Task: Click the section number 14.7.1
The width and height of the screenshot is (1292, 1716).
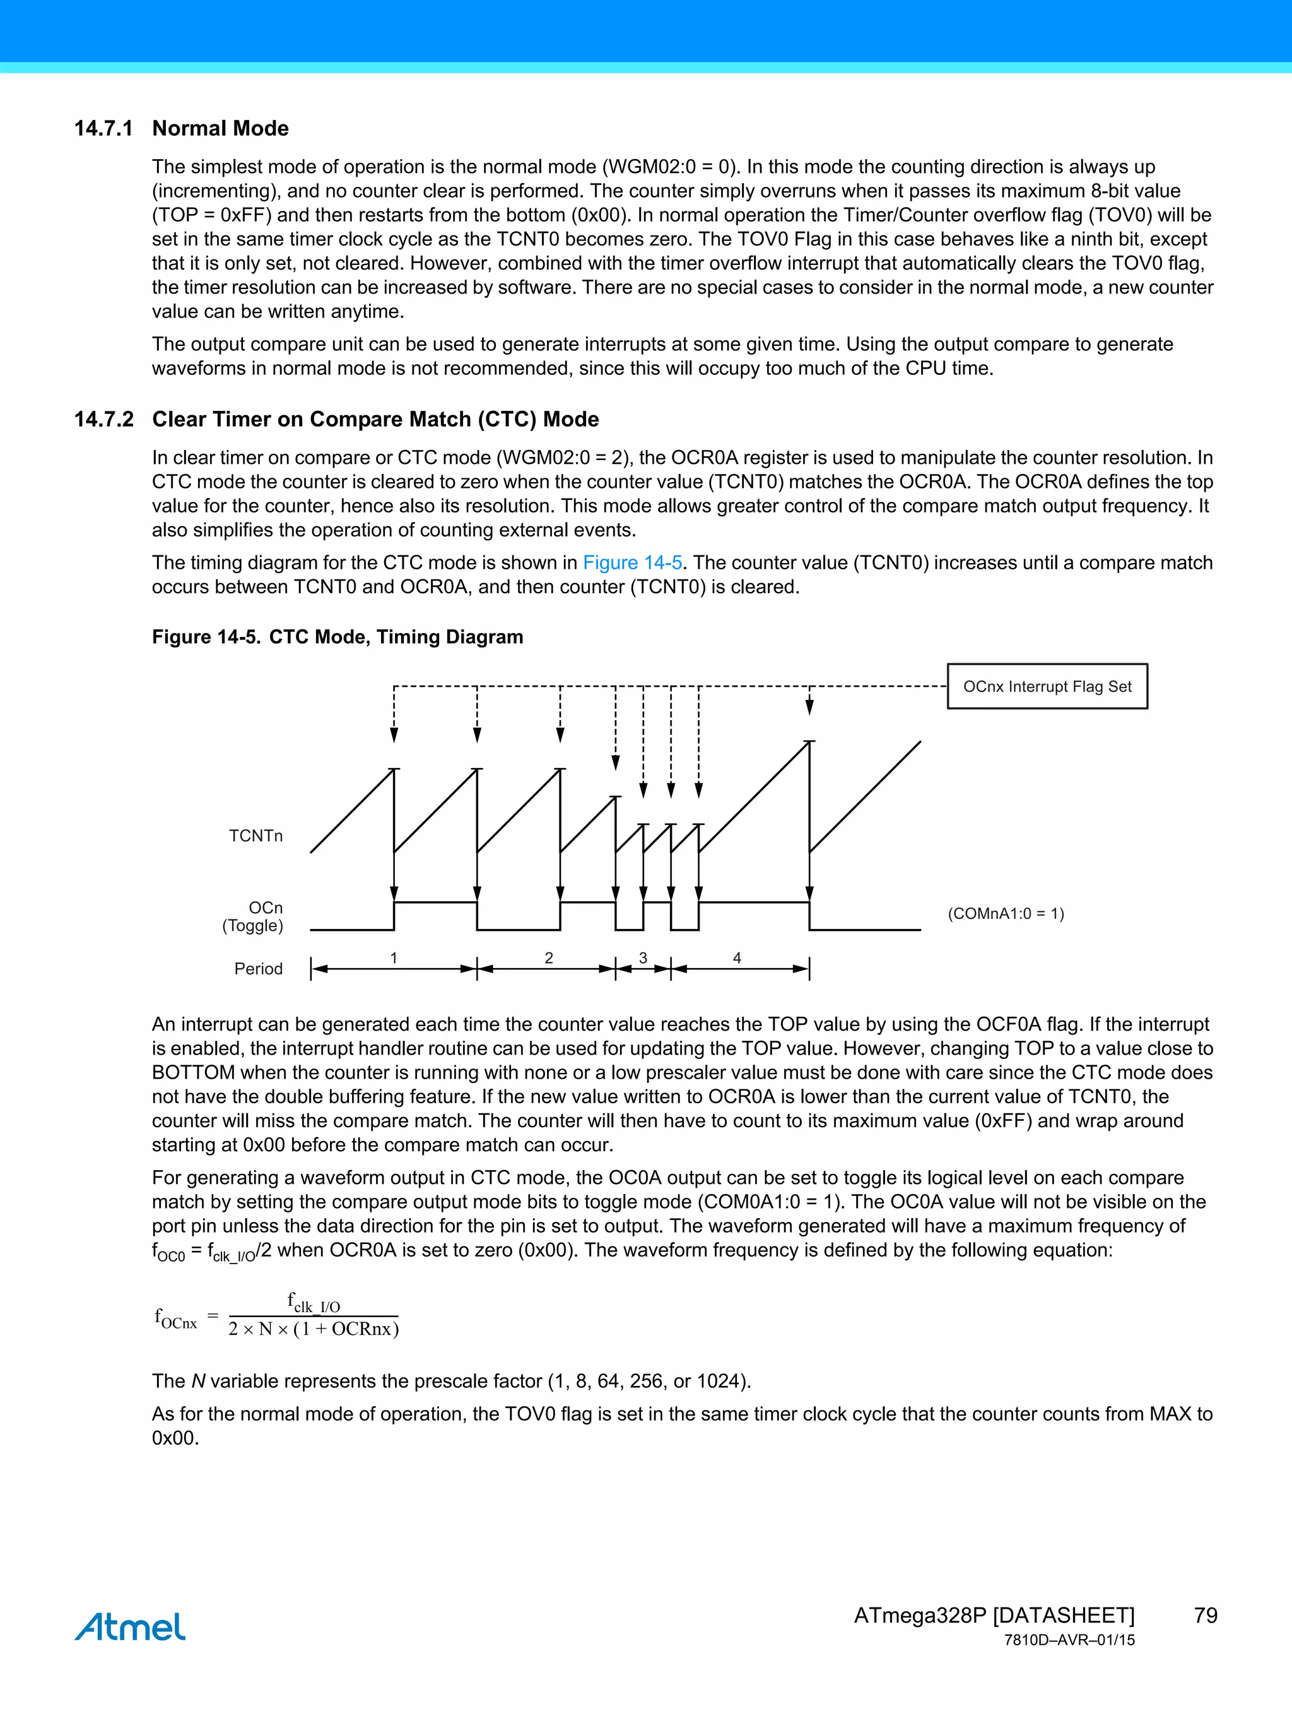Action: pos(103,128)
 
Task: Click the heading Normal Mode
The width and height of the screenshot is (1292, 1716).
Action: pos(220,128)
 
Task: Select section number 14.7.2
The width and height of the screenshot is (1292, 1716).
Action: pos(103,419)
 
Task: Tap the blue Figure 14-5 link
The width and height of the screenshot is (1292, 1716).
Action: pos(632,562)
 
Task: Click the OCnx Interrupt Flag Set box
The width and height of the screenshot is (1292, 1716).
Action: pos(1047,687)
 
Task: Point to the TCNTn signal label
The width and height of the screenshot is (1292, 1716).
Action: pos(256,836)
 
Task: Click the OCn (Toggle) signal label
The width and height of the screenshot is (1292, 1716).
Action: pos(254,916)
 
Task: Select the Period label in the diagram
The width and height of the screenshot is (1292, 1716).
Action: pos(258,968)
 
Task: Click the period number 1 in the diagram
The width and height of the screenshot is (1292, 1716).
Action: pos(394,958)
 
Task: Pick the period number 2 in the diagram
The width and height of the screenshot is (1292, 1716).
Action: pos(549,958)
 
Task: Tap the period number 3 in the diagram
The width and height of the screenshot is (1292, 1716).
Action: pos(643,958)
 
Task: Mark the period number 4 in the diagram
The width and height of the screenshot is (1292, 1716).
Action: pos(737,958)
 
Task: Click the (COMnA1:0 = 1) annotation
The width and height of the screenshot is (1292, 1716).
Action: pos(1006,913)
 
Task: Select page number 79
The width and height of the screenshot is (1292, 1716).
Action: pos(1205,1615)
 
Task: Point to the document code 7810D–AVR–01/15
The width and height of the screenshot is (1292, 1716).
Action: pos(1069,1640)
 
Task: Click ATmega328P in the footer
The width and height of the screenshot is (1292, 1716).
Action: pos(920,1615)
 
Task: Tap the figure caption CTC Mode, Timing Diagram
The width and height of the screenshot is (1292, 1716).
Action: pos(396,637)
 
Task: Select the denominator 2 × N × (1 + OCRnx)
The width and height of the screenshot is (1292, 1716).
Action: pos(314,1329)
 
